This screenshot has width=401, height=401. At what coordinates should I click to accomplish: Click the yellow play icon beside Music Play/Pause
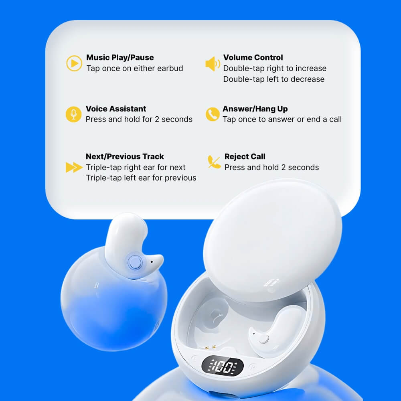click(x=74, y=63)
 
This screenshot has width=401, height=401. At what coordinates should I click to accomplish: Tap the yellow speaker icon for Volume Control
click(x=213, y=64)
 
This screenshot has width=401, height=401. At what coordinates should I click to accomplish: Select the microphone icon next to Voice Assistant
click(x=73, y=114)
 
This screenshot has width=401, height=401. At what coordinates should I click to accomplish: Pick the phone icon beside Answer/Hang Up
click(x=213, y=114)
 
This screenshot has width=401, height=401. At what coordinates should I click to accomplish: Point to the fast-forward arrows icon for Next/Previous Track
click(x=74, y=167)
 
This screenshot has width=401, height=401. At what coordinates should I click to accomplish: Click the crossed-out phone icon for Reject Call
click(x=214, y=162)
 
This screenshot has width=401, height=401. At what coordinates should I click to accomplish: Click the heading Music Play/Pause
click(x=120, y=57)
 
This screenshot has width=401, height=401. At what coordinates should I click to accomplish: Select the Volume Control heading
click(x=253, y=57)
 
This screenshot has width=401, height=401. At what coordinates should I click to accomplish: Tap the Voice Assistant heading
click(x=116, y=109)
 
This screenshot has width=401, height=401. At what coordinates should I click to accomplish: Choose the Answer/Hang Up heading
click(x=255, y=109)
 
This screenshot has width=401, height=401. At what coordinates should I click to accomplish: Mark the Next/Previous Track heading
click(x=125, y=156)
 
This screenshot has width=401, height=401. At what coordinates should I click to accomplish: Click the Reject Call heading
click(x=245, y=156)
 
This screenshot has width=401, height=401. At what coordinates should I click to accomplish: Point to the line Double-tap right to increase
click(x=275, y=68)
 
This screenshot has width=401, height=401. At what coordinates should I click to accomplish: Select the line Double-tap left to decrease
click(x=274, y=79)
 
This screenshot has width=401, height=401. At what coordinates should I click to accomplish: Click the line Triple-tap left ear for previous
click(x=141, y=178)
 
